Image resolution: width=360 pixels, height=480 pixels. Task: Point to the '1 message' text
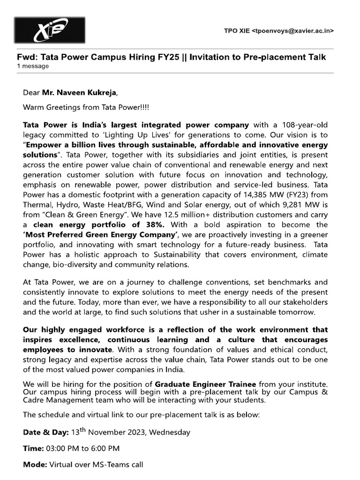click(33, 66)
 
